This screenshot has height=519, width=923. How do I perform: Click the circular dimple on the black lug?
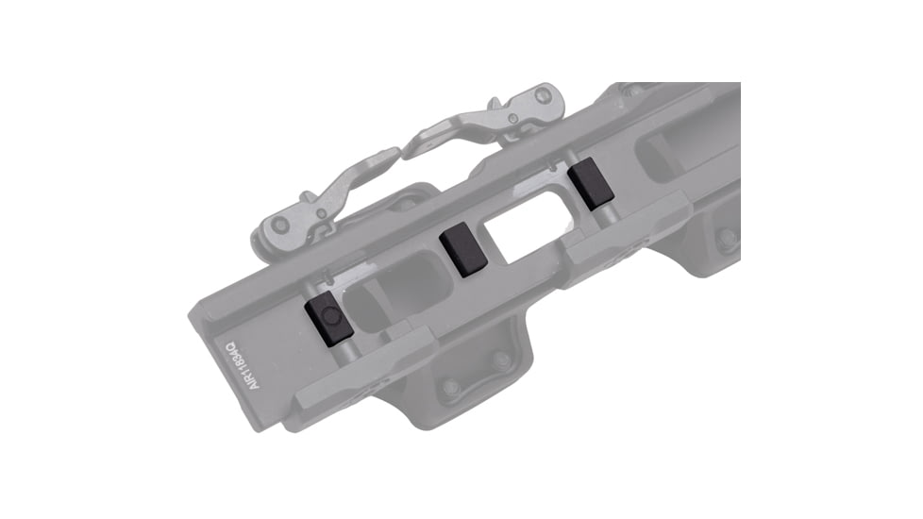(x=326, y=313)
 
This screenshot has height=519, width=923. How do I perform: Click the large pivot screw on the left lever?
(x=279, y=225)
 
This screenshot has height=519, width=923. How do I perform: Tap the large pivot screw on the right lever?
(x=542, y=95)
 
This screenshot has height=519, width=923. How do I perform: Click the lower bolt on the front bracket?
(x=451, y=388)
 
